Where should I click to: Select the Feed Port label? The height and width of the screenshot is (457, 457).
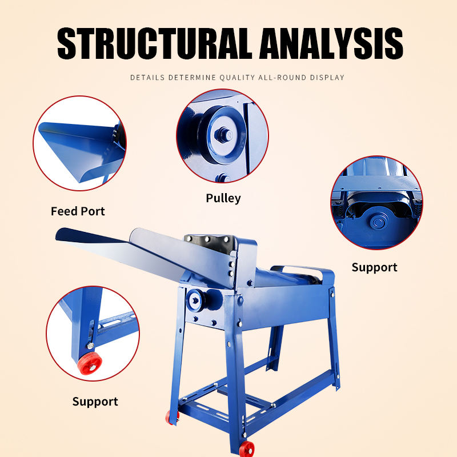[x=78, y=211]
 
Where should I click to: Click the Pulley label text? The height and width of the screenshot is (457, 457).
[x=223, y=198]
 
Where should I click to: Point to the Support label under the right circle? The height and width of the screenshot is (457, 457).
[x=374, y=267]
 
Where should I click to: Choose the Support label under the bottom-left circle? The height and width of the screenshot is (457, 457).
[x=95, y=402]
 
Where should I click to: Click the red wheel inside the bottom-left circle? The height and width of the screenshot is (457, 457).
[x=89, y=363]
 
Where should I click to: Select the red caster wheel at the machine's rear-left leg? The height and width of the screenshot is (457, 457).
[x=171, y=418]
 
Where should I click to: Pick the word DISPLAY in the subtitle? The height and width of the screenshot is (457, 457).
[x=329, y=77]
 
